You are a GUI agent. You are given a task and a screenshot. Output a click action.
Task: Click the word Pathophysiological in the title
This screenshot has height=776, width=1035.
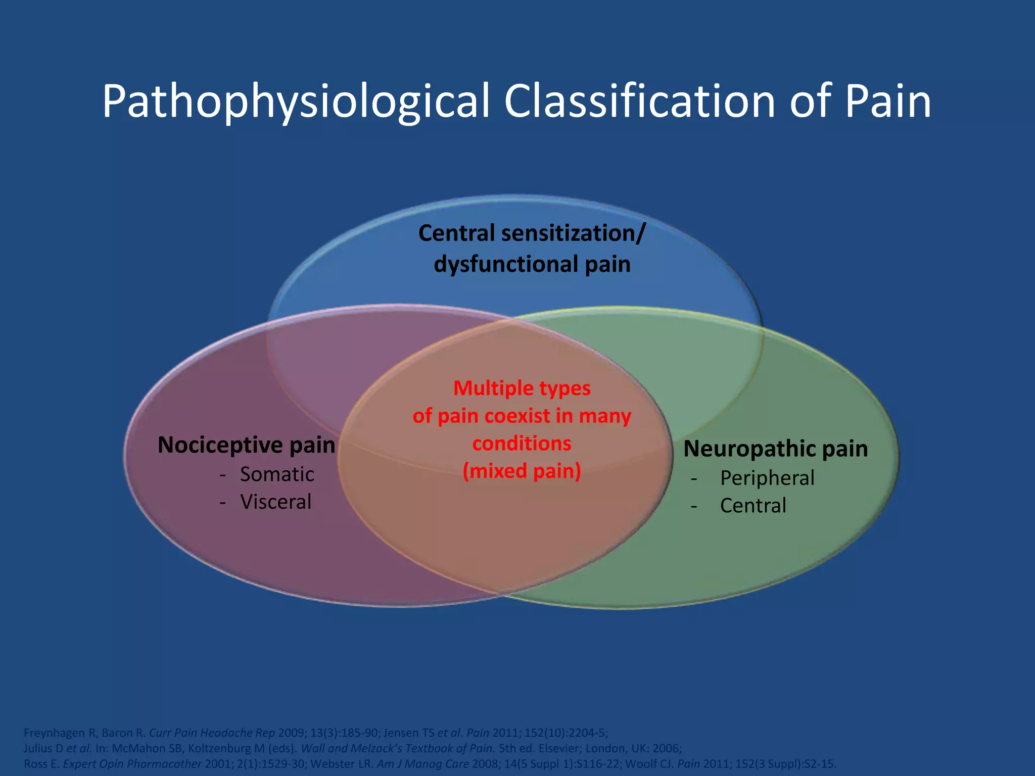point(296,102)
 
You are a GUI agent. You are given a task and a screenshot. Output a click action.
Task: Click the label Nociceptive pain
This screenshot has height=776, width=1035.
point(246,445)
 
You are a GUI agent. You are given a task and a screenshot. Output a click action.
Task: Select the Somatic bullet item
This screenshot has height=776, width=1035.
point(276,474)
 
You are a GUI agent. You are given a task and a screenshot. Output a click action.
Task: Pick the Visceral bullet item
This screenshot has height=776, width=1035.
point(275,502)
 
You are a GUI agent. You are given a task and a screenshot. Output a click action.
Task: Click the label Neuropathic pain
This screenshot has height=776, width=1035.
point(775,449)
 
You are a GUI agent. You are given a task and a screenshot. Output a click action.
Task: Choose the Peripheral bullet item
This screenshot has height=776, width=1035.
point(767,478)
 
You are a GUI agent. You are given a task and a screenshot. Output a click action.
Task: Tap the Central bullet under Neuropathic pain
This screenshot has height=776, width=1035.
point(752,506)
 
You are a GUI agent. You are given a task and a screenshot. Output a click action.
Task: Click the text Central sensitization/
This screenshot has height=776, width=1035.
point(532,233)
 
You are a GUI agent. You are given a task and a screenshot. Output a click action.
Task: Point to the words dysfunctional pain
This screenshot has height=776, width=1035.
point(532,264)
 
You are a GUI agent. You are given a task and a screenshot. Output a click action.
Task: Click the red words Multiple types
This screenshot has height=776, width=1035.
point(522,389)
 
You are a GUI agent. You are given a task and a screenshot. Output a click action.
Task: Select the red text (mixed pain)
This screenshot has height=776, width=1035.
point(522,471)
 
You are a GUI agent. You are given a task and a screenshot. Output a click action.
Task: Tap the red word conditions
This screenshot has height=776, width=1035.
point(522,444)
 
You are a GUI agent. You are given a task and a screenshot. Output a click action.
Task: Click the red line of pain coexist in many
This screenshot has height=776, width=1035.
point(522,416)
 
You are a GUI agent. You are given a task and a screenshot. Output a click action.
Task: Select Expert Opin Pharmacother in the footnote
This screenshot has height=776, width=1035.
point(132,764)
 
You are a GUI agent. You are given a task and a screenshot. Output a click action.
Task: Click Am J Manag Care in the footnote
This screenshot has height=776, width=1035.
point(422,764)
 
